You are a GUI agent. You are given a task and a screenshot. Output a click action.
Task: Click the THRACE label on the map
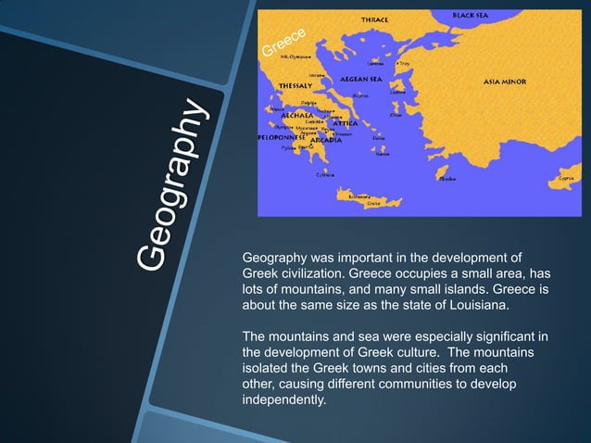click(x=374, y=19)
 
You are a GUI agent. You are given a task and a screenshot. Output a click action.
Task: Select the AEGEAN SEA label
click(x=362, y=79)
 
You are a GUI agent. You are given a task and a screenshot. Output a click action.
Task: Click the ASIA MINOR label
click(x=505, y=82)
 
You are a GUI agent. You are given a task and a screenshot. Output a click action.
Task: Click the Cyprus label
click(x=564, y=177)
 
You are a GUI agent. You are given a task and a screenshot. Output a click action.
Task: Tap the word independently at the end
click(x=283, y=400)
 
